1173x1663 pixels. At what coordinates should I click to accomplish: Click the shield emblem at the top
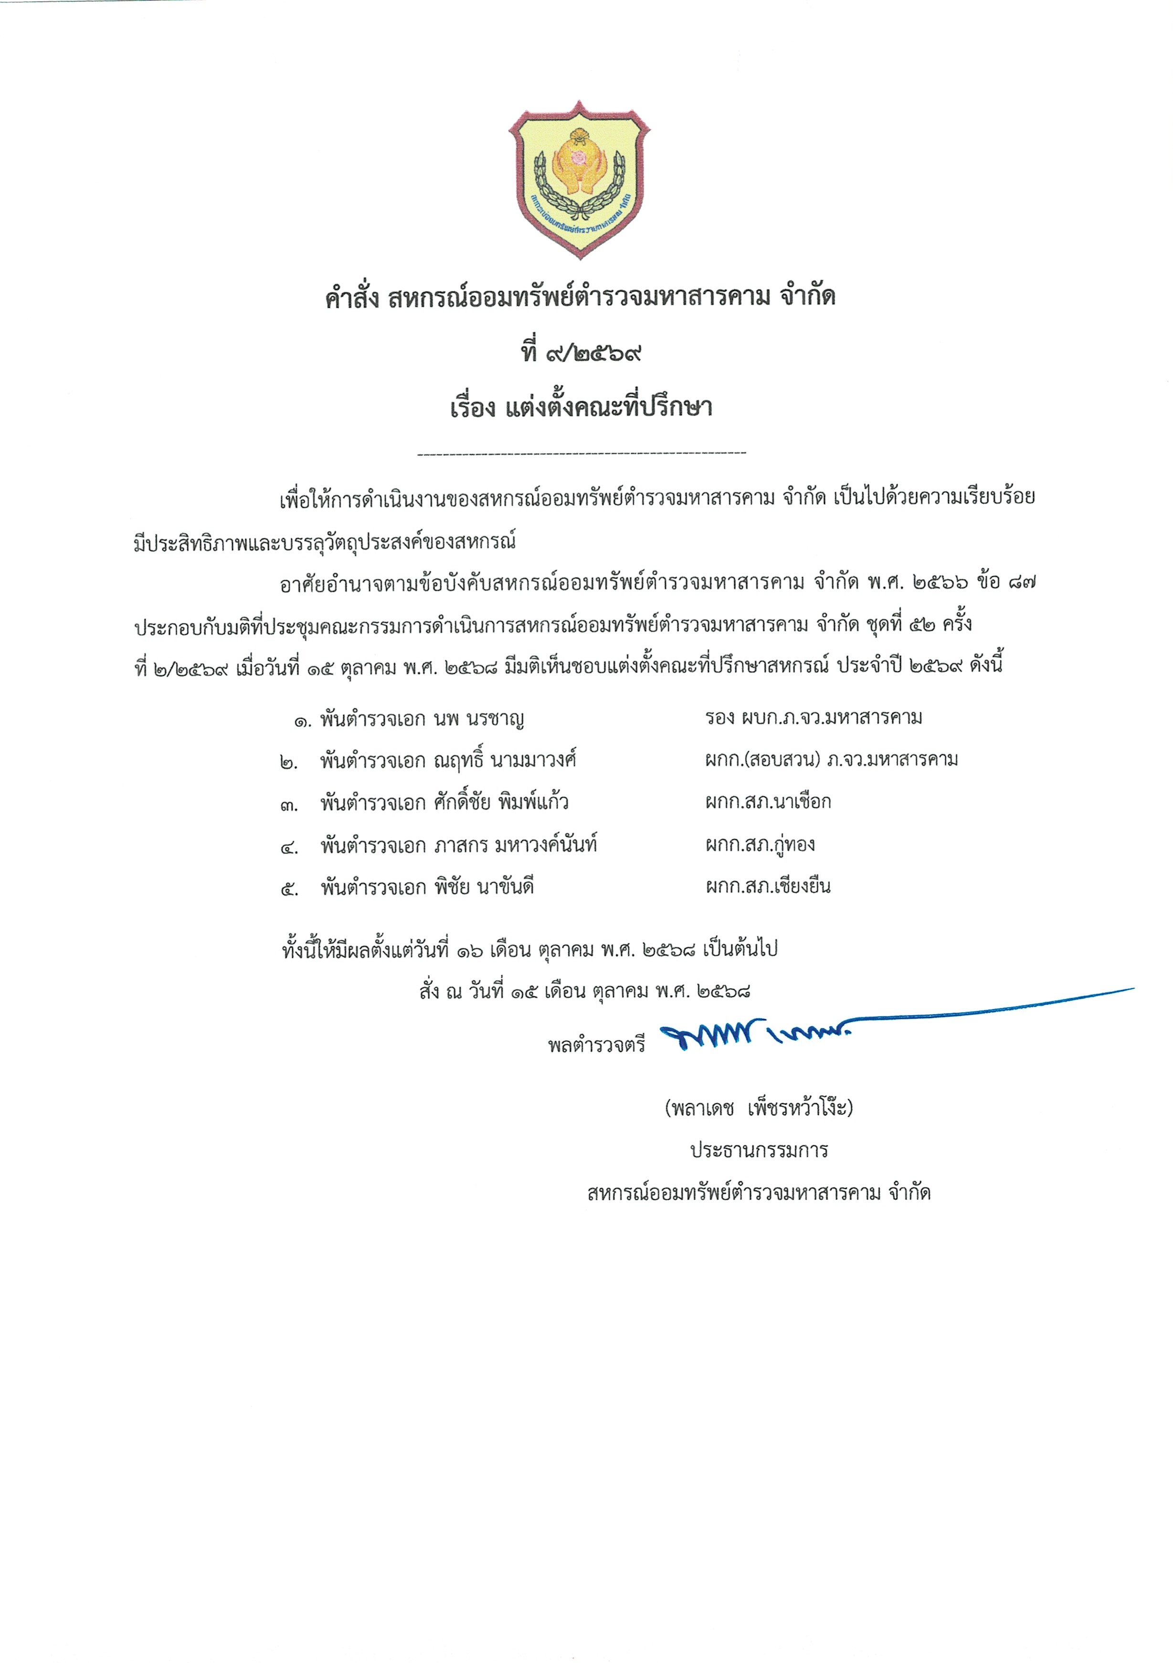(x=579, y=179)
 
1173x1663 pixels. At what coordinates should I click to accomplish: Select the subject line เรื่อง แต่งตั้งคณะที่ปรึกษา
(x=581, y=408)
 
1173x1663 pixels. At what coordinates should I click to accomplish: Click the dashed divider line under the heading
(x=582, y=454)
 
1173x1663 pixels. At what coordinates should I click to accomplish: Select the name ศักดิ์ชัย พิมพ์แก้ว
(x=501, y=802)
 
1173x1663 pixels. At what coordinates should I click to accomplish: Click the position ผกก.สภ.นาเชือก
(x=768, y=802)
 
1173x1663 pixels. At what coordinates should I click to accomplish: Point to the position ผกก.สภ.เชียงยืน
(x=768, y=886)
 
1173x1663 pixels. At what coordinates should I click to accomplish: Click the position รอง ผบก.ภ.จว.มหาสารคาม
(x=814, y=718)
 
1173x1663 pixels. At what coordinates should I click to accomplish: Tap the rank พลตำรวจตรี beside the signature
(x=596, y=1046)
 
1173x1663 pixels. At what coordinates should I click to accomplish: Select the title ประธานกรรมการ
(x=759, y=1151)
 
